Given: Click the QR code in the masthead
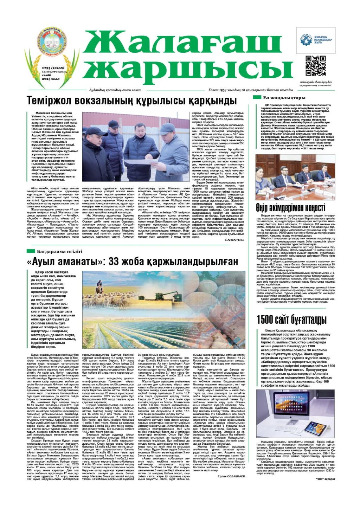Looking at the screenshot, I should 315,66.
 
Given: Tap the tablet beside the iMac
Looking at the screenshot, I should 315,428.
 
